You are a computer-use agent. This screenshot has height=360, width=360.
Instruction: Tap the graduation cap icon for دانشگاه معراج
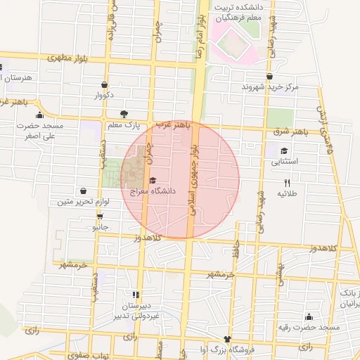153,180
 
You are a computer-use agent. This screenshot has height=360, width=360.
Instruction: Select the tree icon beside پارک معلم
124,114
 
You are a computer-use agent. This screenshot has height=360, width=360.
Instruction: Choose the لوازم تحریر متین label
84,202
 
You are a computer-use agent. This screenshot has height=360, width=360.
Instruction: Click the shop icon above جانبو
101,216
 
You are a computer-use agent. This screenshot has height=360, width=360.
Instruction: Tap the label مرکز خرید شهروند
270,86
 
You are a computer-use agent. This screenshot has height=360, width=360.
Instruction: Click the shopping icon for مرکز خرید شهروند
269,76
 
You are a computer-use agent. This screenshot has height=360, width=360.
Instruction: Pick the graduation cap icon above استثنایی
284,150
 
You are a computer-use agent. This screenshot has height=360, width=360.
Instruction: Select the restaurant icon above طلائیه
286,182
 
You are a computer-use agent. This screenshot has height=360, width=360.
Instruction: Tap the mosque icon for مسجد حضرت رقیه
309,317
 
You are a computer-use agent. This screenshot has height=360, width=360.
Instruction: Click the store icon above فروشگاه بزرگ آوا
226,339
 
